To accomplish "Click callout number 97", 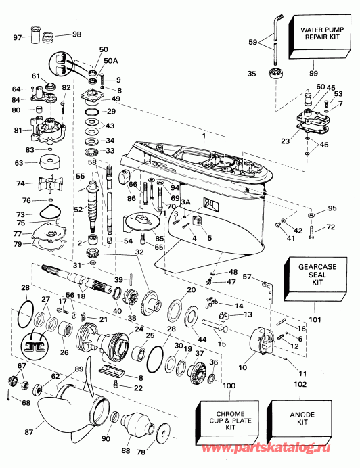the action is [18, 38].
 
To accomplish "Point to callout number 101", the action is [315, 320].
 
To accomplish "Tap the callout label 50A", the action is [110, 61].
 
